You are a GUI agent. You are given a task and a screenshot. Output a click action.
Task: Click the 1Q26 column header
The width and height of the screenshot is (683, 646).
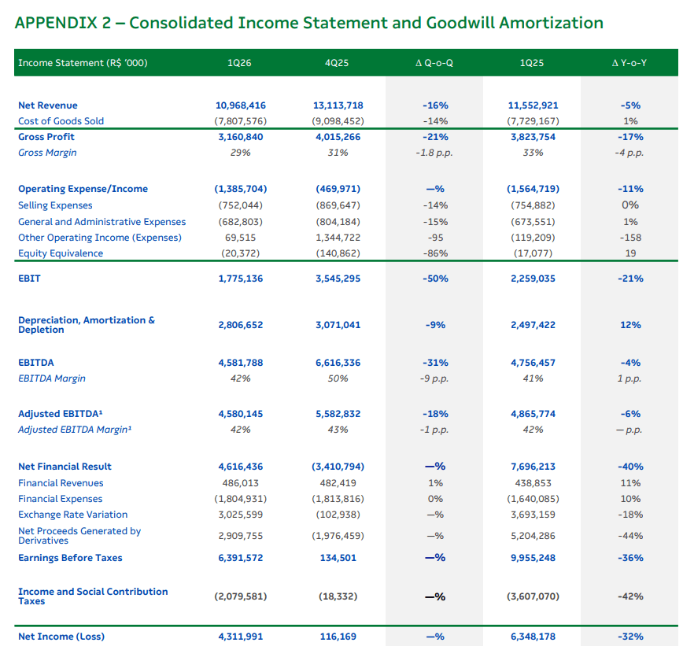[x=239, y=63]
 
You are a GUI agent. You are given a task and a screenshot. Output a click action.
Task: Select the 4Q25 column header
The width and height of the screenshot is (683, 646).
[x=337, y=63]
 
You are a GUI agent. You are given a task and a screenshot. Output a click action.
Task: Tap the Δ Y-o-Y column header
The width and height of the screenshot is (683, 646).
[x=629, y=63]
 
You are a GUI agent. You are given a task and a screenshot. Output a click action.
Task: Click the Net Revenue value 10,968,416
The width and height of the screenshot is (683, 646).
[x=241, y=105]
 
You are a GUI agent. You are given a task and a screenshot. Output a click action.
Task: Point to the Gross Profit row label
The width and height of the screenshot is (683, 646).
[x=46, y=137]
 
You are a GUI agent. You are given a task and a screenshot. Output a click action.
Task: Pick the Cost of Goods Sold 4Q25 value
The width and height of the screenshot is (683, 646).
[x=338, y=121]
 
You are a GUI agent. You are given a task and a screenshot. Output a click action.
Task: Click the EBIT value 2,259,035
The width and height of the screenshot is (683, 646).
[x=533, y=279]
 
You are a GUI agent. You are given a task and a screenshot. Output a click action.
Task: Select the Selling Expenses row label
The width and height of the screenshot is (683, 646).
[x=55, y=205]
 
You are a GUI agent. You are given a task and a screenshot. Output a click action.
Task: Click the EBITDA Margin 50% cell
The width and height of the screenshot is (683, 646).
[x=338, y=378]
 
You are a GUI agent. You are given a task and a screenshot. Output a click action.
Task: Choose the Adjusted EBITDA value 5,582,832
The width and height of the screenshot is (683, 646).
[x=338, y=414]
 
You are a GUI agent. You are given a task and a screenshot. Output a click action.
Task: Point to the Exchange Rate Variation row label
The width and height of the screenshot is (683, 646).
[x=72, y=515]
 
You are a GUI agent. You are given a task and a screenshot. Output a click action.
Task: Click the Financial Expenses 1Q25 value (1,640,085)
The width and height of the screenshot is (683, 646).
[x=533, y=499]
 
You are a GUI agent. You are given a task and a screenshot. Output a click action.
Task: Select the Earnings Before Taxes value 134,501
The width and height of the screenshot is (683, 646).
[x=338, y=558]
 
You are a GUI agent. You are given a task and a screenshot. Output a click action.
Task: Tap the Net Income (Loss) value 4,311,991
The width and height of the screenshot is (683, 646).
[x=241, y=637]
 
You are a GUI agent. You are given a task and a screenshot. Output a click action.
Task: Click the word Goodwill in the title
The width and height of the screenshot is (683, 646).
[x=460, y=23]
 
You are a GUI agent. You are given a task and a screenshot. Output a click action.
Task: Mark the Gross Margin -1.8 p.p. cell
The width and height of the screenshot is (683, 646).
[x=434, y=153]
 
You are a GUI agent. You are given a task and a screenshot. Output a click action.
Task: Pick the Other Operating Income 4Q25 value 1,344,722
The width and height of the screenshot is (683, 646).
[x=338, y=238]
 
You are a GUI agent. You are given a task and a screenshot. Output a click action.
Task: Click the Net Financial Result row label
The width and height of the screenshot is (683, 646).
[x=65, y=467]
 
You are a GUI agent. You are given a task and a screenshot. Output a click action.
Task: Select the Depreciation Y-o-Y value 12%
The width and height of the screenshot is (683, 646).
[x=630, y=325]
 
